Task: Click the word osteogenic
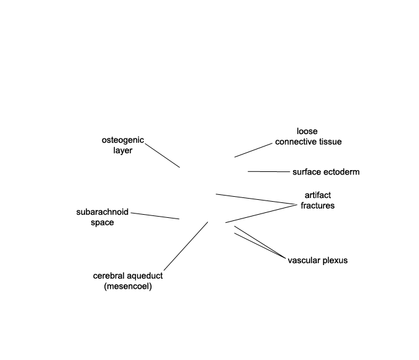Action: [x=123, y=140]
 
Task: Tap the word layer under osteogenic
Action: [x=123, y=150]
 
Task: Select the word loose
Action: [x=307, y=131]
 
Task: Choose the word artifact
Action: [x=318, y=195]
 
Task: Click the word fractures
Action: [x=318, y=205]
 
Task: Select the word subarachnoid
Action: [x=102, y=212]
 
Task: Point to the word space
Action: [x=102, y=223]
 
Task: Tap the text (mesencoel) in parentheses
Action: [x=128, y=286]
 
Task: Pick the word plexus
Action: [x=335, y=261]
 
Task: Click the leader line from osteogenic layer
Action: [x=163, y=156]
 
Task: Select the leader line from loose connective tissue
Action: [x=253, y=150]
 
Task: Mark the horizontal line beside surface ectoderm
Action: [x=269, y=171]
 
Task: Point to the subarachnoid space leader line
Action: [x=155, y=216]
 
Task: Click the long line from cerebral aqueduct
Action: [x=186, y=246]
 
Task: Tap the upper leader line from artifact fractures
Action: [x=256, y=199]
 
